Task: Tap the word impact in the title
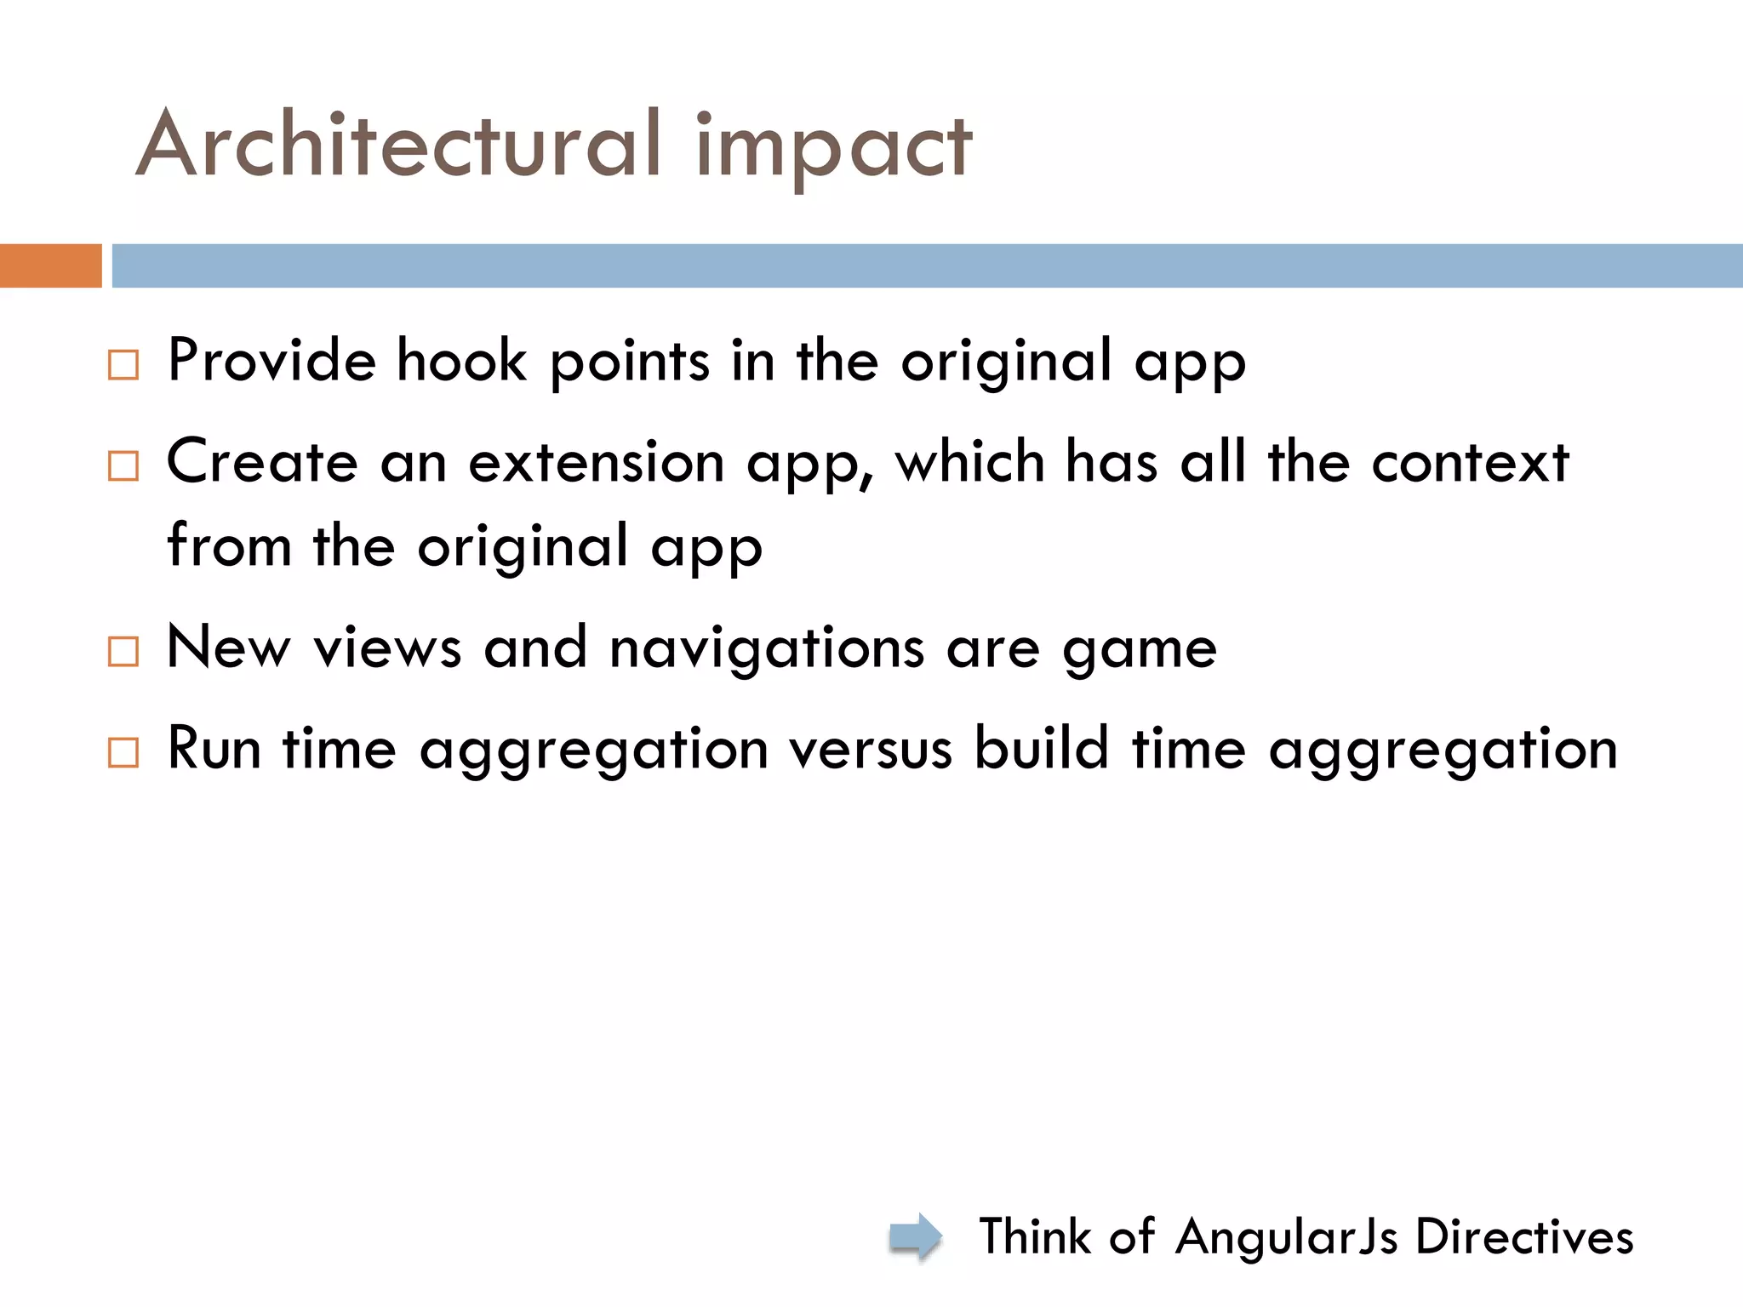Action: [833, 149]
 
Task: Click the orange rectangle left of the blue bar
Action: [50, 265]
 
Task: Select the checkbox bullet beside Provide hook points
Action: [123, 364]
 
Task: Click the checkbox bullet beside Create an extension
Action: [123, 465]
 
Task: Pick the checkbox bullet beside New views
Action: [123, 651]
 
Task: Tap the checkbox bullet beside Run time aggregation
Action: [123, 752]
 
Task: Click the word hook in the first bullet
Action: [462, 360]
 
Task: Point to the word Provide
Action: [271, 360]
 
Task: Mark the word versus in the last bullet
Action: [870, 750]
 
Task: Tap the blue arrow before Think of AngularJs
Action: [915, 1236]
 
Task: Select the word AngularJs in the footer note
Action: [1286, 1236]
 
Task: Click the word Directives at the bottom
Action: [1524, 1236]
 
